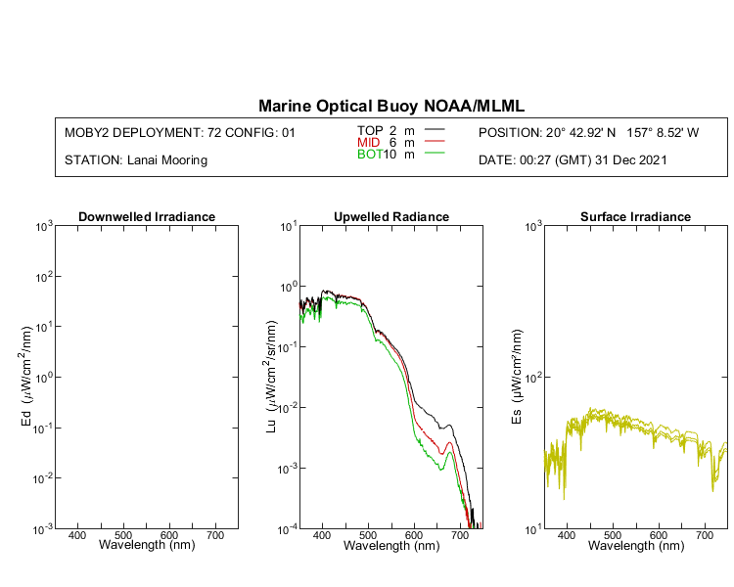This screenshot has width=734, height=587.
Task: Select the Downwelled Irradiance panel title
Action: pos(147,216)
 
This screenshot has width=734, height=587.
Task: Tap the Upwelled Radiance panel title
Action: pos(391,216)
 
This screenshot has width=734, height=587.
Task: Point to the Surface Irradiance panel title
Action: pos(635,216)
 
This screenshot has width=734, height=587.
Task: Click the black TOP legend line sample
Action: pos(435,130)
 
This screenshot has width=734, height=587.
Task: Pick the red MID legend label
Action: pos(369,143)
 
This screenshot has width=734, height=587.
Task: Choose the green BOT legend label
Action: pos(369,155)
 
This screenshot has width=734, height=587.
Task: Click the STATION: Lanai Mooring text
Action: pos(135,160)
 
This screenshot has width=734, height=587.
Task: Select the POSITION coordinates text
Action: pos(588,132)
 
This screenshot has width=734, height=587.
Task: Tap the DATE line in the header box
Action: pos(573,160)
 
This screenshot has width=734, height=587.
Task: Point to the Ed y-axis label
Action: pos(27,378)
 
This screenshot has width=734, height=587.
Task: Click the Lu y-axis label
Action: pos(271,378)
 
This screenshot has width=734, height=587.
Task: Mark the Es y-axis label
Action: pos(516,378)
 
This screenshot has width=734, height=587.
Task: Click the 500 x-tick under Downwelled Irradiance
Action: pos(123,537)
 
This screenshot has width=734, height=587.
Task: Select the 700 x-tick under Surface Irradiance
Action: pos(705,537)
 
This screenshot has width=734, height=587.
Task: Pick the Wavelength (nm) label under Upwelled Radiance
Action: pos(391,546)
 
